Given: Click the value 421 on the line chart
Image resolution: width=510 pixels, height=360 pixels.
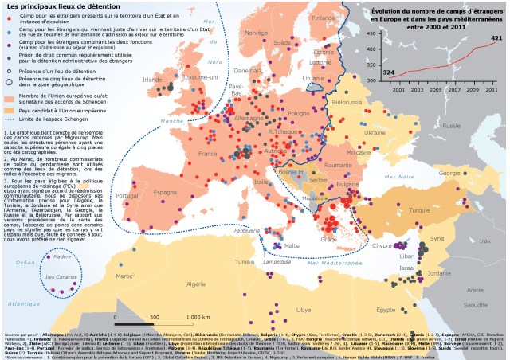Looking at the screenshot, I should click(496, 38).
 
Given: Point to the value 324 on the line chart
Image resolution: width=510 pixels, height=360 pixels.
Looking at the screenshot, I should click(389, 72).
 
